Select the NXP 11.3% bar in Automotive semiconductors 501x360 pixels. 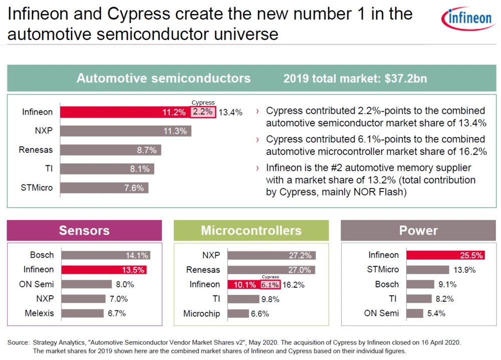pyautogui.click(x=126, y=131)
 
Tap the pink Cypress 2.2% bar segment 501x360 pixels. pyautogui.click(x=203, y=112)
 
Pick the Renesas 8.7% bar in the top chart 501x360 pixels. pyautogui.click(x=111, y=150)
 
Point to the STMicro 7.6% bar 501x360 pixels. pyautogui.click(x=104, y=188)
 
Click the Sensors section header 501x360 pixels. pyautogui.click(x=84, y=231)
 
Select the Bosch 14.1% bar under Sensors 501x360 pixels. pyautogui.click(x=105, y=255)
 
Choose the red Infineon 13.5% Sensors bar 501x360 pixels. pyautogui.click(x=103, y=270)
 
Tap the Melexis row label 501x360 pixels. pyautogui.click(x=39, y=313)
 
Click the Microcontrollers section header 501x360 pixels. pyautogui.click(x=251, y=231)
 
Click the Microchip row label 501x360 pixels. pyautogui.click(x=201, y=313)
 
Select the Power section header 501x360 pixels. pyautogui.click(x=418, y=231)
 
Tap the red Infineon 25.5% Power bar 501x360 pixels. pyautogui.click(x=445, y=255)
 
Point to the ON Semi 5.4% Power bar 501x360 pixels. pyautogui.click(x=414, y=313)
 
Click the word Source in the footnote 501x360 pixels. pyautogui.click(x=19, y=342)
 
